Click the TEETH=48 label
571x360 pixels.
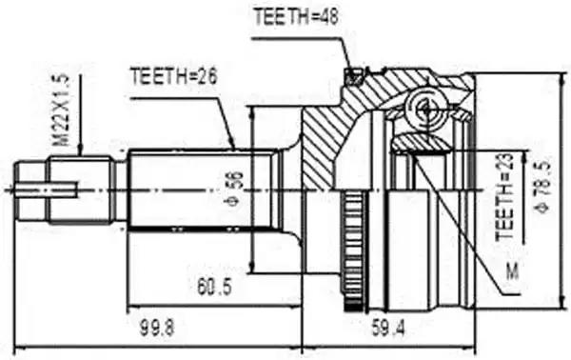click(296, 16)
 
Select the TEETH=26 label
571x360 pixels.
click(174, 76)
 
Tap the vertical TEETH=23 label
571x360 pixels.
click(504, 197)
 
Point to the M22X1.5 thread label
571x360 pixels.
click(61, 110)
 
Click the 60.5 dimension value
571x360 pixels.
click(214, 287)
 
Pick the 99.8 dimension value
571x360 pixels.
click(157, 328)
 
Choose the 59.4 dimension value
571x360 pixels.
click(388, 328)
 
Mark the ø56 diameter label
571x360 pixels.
click(236, 189)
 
